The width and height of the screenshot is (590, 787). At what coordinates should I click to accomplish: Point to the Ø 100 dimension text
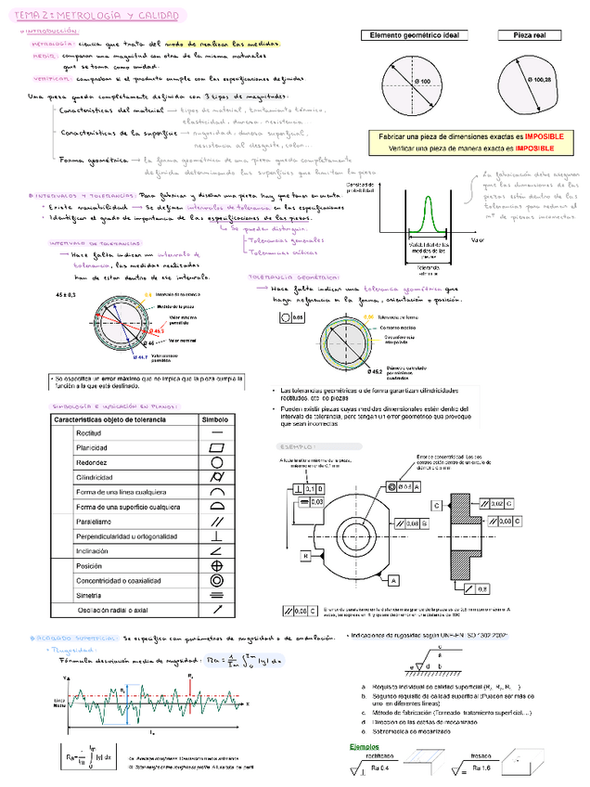click(420, 84)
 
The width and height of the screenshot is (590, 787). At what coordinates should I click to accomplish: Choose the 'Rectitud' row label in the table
click(88, 433)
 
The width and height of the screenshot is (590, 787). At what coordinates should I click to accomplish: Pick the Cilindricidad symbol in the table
click(216, 476)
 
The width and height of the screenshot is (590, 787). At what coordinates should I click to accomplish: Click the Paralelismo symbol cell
click(216, 522)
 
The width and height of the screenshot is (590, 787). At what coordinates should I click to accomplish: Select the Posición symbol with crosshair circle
click(216, 565)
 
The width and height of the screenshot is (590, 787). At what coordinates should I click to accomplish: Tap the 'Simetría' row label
click(89, 595)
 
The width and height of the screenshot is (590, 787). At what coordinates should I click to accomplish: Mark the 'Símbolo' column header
click(215, 419)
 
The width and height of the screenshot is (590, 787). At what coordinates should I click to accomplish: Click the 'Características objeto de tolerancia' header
click(109, 419)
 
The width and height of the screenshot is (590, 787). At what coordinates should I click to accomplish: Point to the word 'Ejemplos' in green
click(364, 746)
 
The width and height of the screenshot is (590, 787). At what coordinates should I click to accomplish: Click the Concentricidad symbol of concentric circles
click(216, 580)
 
